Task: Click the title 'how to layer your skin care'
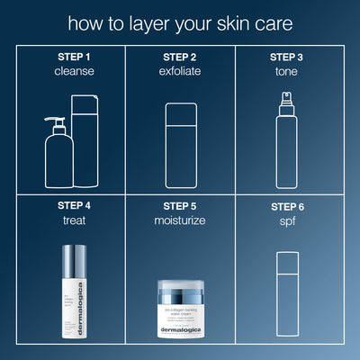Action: [180, 21]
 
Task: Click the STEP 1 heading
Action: [73, 56]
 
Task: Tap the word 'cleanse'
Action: [73, 70]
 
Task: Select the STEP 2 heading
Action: [180, 56]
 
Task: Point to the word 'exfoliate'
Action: [180, 70]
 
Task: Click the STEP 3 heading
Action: [287, 56]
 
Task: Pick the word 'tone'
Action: [287, 70]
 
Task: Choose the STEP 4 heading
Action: [73, 205]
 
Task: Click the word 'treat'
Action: [73, 220]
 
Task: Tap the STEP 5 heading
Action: [180, 205]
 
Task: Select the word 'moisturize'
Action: [180, 220]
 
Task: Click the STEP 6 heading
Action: [287, 205]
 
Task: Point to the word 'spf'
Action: [287, 220]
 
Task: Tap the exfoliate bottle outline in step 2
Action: [180, 144]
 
